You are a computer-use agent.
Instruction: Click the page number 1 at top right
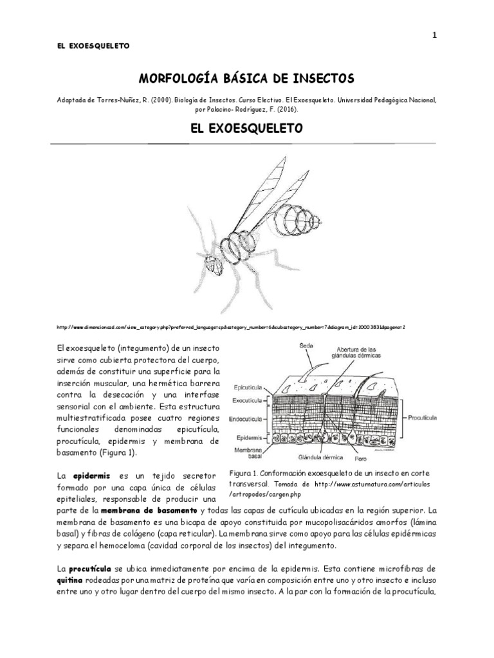pos(434,36)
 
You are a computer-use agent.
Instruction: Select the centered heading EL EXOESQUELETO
pos(246,129)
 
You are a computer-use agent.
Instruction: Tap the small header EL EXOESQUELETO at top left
pos(93,46)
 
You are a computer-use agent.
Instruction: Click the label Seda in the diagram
pos(306,346)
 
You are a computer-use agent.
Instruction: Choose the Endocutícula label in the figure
pos(247,418)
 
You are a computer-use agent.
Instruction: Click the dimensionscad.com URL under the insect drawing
pos(231,327)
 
